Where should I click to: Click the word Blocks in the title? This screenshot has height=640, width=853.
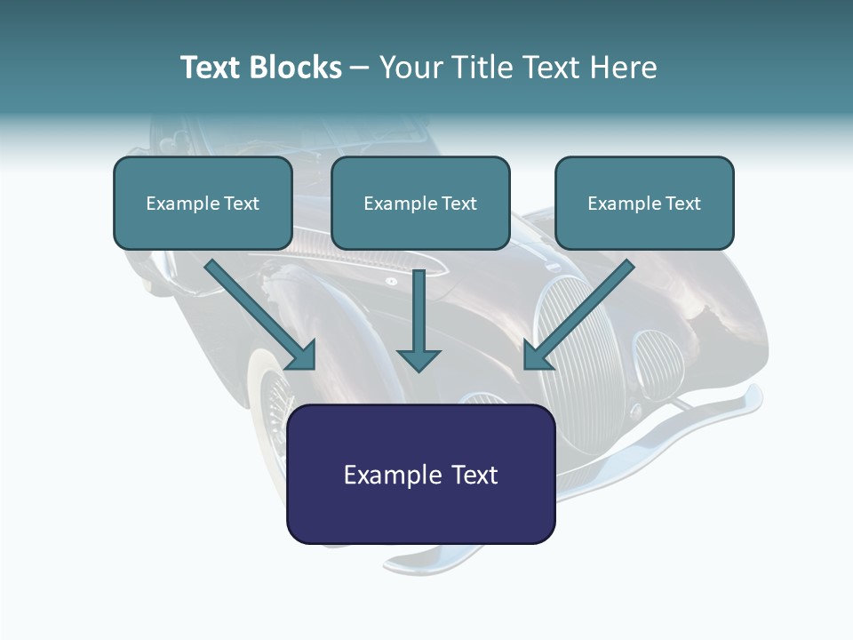(295, 68)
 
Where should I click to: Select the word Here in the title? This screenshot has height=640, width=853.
(624, 68)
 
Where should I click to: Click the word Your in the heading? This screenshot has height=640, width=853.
(412, 68)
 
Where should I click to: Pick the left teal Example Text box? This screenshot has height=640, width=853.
(203, 204)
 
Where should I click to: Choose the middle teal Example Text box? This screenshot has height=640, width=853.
(420, 204)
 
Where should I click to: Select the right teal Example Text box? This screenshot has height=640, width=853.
(645, 204)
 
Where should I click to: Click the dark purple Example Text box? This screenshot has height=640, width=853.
(421, 474)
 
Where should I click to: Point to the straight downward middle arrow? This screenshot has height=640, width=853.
(419, 321)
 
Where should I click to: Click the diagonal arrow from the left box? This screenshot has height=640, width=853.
(260, 315)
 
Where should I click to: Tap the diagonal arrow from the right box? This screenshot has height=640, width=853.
(578, 315)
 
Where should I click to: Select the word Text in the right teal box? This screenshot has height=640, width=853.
(682, 204)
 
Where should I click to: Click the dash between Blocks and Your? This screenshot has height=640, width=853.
(360, 69)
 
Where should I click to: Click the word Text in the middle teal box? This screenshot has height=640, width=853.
(459, 204)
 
